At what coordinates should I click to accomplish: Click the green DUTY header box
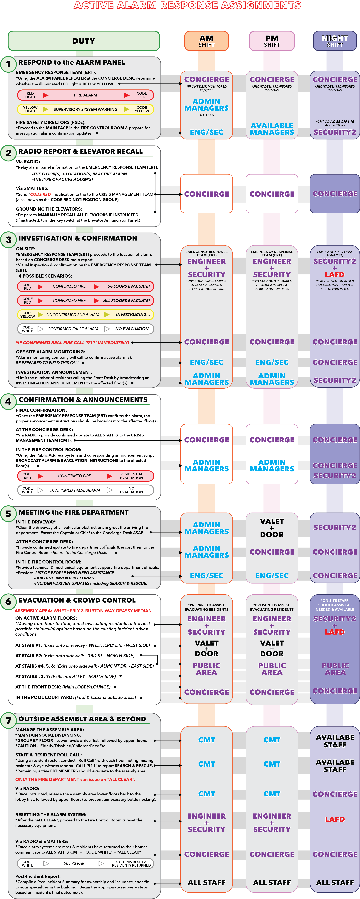point(84,41)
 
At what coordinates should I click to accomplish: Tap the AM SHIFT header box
point(207,41)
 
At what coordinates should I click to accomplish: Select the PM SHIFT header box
point(272,41)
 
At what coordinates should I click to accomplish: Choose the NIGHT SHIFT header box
point(335,41)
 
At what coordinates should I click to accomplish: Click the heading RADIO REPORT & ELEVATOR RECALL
point(81,151)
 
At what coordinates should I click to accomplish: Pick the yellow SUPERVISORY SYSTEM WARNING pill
point(86,109)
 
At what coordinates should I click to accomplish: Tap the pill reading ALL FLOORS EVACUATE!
point(86,301)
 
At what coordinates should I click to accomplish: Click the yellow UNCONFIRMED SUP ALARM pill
point(86,314)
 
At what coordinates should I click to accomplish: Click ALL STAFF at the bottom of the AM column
point(207,883)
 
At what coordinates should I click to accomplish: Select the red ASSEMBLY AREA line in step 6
point(83,611)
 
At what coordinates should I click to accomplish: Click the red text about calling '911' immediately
point(73,342)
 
